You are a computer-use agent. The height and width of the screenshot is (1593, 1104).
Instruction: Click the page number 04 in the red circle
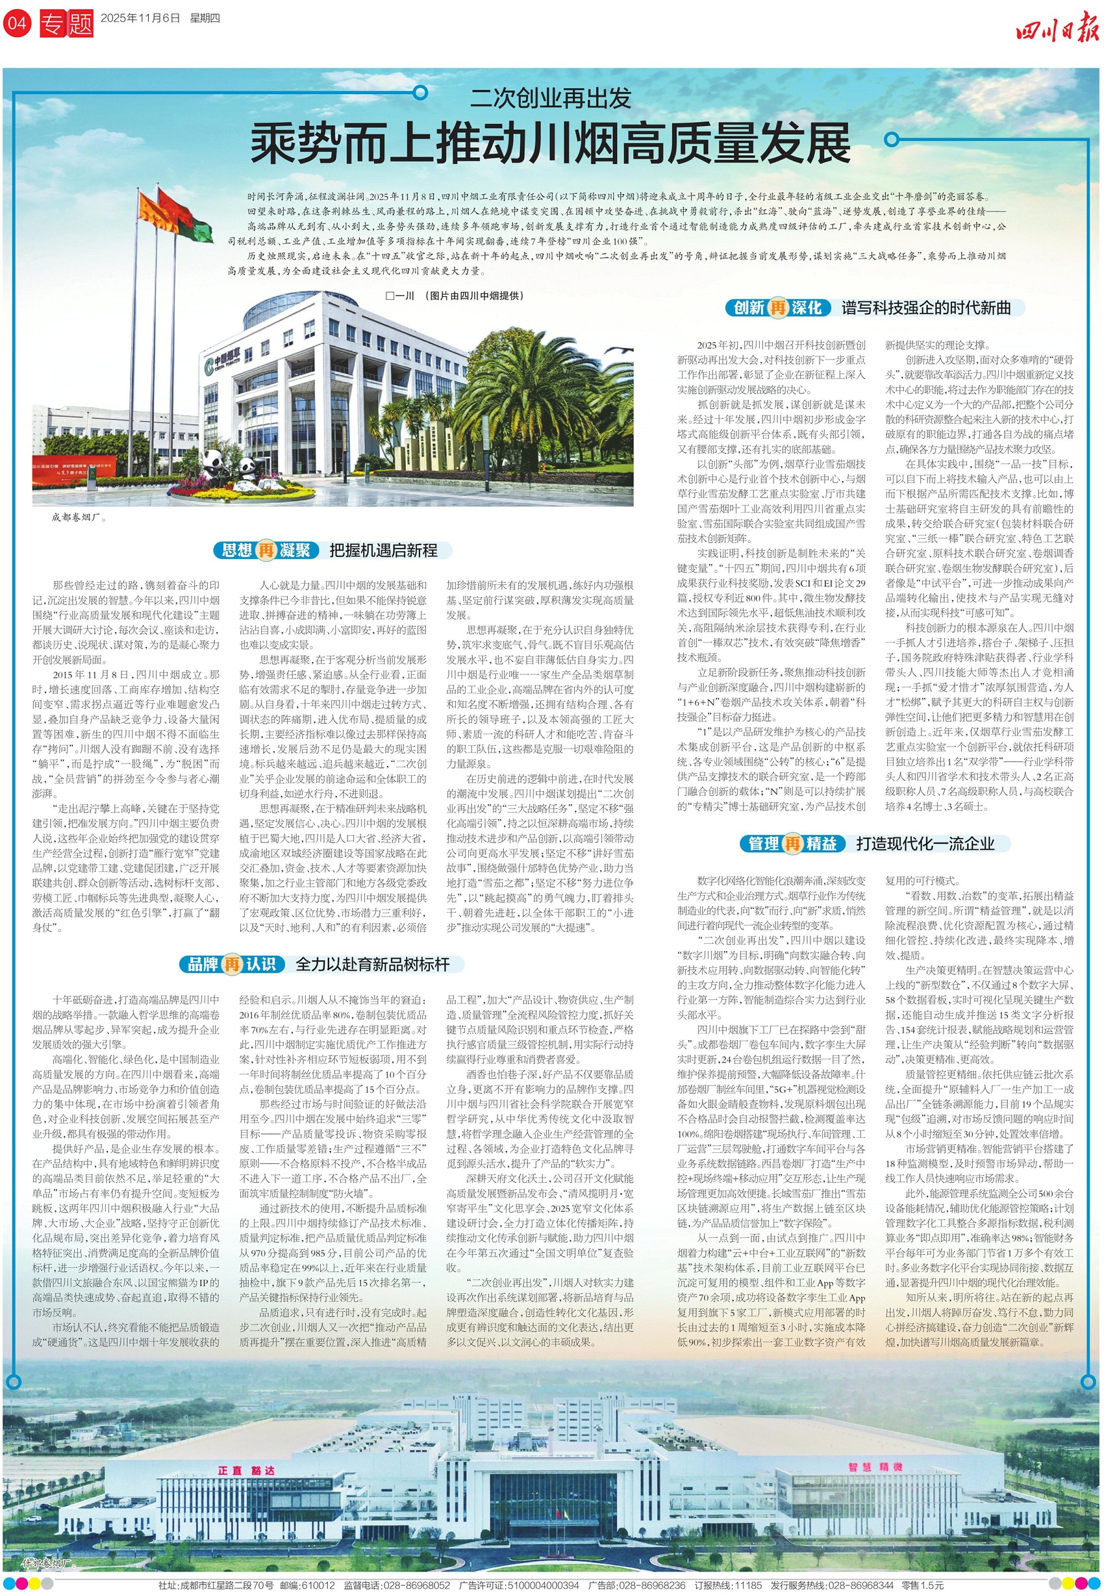click(x=17, y=23)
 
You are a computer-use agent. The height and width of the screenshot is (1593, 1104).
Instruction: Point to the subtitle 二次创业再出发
click(x=551, y=98)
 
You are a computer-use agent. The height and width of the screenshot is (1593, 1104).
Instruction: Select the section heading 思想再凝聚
click(x=266, y=550)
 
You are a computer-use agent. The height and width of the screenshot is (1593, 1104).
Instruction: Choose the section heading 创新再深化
click(x=778, y=308)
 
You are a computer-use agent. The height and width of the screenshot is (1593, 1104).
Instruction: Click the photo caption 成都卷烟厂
click(x=79, y=517)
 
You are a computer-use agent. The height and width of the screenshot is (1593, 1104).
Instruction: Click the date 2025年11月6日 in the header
click(x=140, y=19)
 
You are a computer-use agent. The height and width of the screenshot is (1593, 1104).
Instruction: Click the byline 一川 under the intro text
click(x=401, y=296)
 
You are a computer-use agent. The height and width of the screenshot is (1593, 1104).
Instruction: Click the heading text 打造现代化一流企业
click(x=925, y=843)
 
